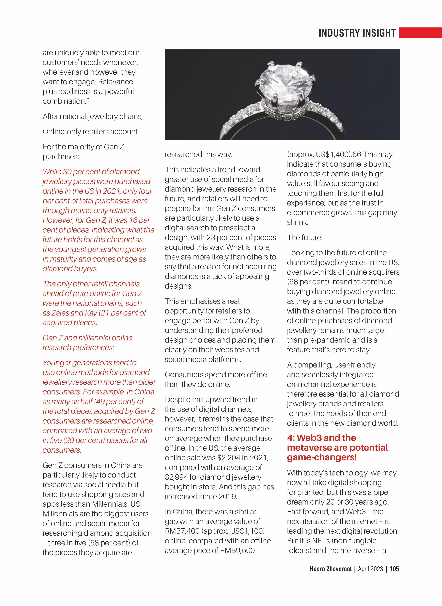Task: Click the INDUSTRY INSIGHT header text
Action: (x=357, y=33)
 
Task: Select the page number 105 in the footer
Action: (x=394, y=576)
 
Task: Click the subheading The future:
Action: (x=305, y=238)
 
